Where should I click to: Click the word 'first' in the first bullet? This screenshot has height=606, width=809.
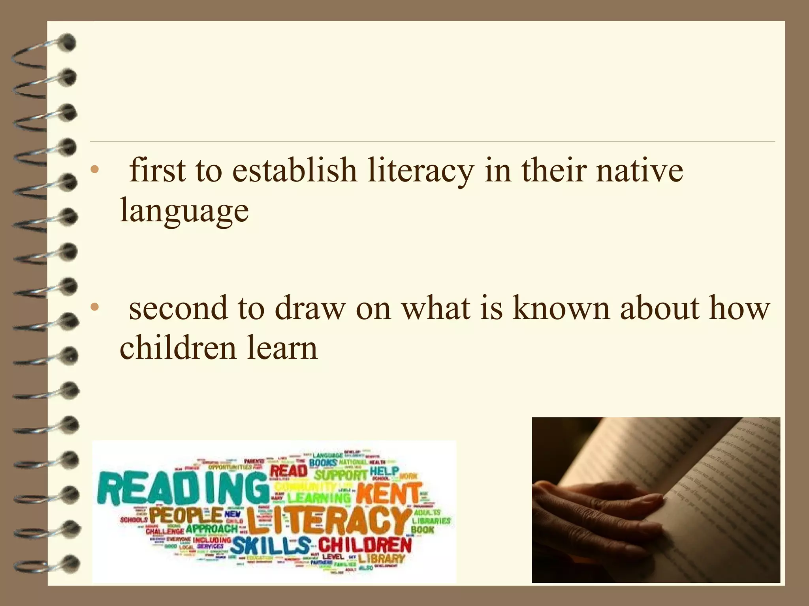[x=157, y=170]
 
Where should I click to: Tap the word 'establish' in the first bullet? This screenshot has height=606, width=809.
[x=294, y=170]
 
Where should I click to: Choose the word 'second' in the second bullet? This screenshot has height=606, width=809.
[x=178, y=308]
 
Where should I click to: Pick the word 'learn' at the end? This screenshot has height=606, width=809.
[x=282, y=348]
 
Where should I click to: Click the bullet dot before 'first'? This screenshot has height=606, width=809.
[x=94, y=170]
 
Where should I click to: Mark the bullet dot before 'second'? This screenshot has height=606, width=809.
[x=94, y=307]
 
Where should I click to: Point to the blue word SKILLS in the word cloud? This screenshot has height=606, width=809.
[x=271, y=546]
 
